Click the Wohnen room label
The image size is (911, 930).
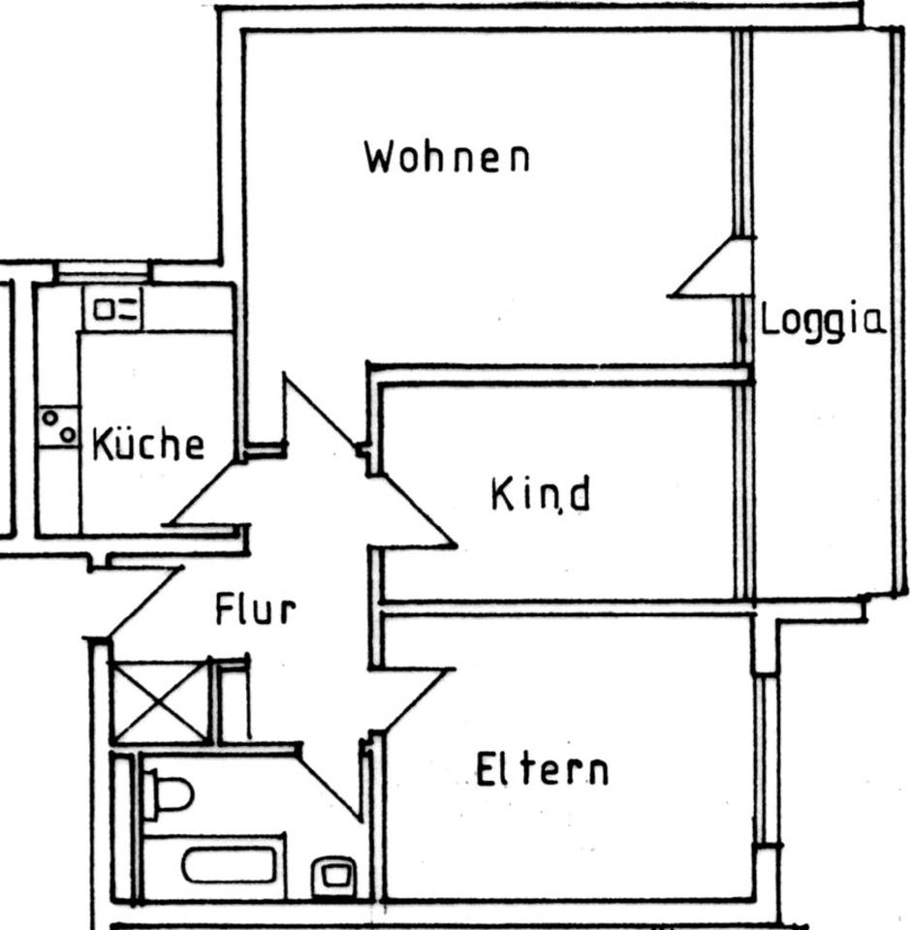click(447, 157)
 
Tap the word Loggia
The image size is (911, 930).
click(823, 320)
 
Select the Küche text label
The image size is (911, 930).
click(148, 445)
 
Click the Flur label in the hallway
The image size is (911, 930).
click(254, 611)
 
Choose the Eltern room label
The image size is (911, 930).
click(542, 770)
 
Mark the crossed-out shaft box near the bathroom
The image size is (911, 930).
click(161, 702)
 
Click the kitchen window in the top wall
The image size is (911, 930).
click(102, 271)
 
